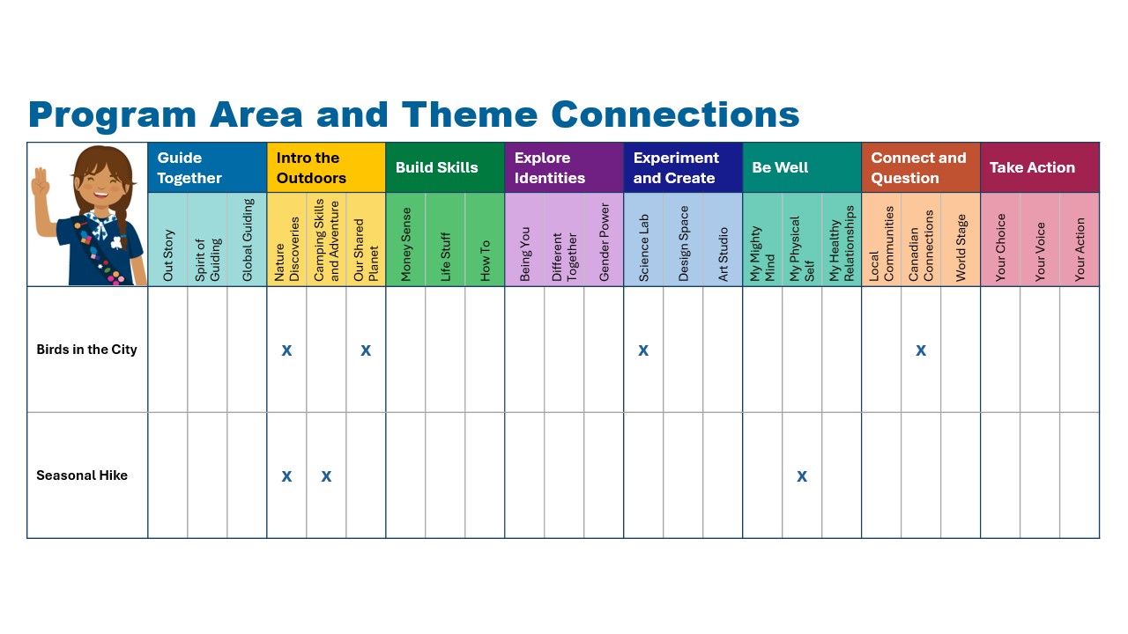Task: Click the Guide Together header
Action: [x=189, y=167]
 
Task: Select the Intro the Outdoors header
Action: [x=311, y=167]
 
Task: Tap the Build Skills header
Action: [x=436, y=167]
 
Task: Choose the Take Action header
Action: [x=1032, y=167]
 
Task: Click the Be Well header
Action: [x=780, y=167]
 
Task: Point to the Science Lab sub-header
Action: [x=643, y=247]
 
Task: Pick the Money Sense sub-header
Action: [x=406, y=244]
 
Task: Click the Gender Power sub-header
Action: [x=605, y=242]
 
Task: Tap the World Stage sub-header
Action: [x=961, y=247]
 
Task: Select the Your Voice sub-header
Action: [x=1040, y=252]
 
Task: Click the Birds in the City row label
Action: [x=86, y=350]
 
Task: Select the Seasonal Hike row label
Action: [x=82, y=475]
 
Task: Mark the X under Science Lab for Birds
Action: [x=643, y=350]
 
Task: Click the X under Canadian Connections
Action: [x=921, y=350]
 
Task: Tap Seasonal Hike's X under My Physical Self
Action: [x=802, y=476]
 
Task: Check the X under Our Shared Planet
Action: [x=366, y=350]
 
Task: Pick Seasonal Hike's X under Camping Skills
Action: [x=326, y=476]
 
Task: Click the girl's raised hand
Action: [x=41, y=182]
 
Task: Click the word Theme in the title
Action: [x=470, y=114]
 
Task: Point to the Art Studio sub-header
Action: [x=724, y=254]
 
